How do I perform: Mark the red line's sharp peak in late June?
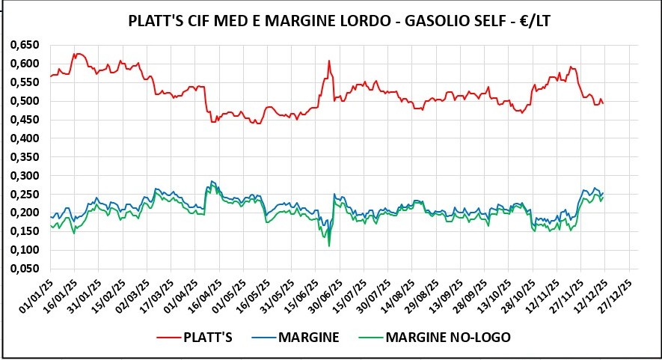[329, 61]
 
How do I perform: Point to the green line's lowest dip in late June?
[329, 245]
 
